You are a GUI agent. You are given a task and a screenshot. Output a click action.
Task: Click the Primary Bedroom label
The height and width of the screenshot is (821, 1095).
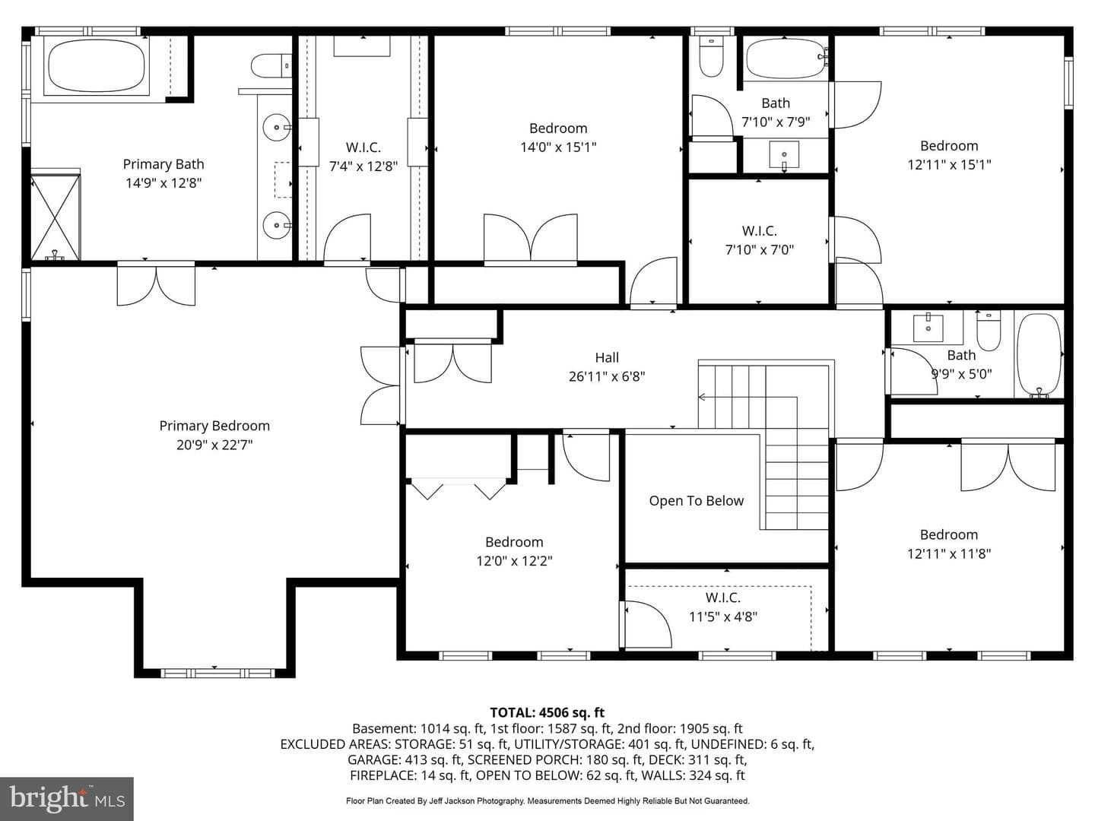214,426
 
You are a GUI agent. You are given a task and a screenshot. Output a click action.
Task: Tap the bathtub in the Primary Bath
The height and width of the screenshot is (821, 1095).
97,66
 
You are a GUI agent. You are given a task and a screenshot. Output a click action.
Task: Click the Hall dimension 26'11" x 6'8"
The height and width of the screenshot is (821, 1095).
607,376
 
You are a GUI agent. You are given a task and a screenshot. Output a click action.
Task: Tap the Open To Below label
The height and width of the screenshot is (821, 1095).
697,500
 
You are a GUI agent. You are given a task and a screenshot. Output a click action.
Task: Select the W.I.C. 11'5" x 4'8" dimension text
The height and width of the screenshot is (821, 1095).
723,617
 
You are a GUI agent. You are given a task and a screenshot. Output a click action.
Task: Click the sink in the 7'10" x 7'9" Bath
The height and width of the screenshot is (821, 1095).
784,155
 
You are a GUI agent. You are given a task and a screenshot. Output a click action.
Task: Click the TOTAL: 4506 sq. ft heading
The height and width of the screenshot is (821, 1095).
547,712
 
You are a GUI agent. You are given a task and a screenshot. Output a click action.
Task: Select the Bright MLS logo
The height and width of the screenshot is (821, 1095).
67,798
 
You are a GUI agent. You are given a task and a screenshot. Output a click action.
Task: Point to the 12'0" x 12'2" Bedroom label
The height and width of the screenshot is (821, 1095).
514,542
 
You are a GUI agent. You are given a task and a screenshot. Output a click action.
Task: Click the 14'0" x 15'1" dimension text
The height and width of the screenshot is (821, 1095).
558,147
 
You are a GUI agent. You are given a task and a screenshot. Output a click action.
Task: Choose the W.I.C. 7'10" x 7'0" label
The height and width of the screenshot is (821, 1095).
759,231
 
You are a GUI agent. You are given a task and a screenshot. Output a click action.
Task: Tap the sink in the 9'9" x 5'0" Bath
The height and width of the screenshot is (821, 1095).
928,328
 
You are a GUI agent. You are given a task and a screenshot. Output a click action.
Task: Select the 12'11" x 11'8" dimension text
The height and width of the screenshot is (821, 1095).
949,553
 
